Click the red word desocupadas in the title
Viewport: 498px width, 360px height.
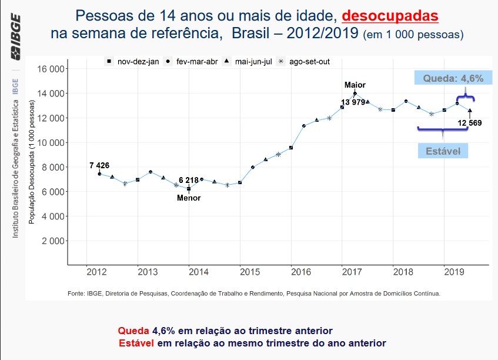[x=390, y=15]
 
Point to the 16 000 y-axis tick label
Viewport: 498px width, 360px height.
[x=50, y=69]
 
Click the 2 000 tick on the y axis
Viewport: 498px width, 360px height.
[x=52, y=241]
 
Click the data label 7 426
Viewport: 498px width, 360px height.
[x=99, y=165]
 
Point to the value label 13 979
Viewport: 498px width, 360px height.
[x=353, y=103]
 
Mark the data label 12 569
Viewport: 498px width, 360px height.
[x=470, y=123]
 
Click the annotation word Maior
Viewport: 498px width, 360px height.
[x=355, y=85]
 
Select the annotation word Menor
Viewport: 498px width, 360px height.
[x=189, y=198]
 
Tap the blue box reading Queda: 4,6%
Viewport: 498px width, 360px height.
[x=449, y=78]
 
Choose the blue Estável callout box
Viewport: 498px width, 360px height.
[x=443, y=151]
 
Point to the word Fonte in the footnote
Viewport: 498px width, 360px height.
[x=77, y=293]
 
